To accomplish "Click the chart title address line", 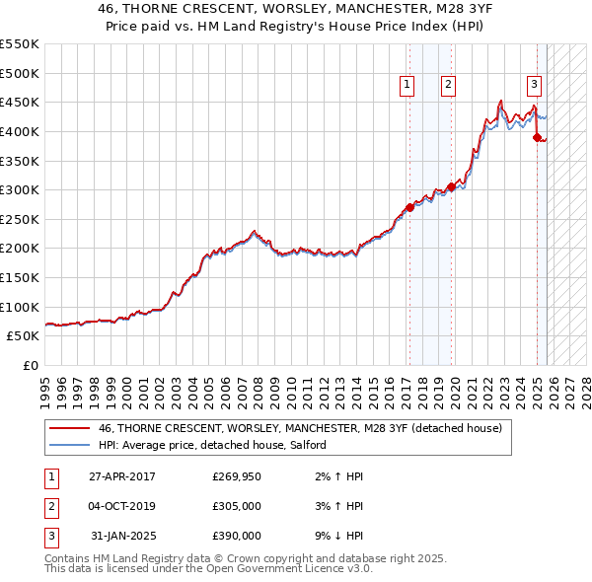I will point(295,11).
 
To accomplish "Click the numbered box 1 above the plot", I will point(407,86).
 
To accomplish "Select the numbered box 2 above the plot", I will point(448,86).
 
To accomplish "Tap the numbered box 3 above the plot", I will point(534,86).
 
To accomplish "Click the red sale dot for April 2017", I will point(409,207).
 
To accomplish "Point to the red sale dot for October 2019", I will point(451,186).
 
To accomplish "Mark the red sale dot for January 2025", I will point(538,137).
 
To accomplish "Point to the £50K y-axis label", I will point(24,335).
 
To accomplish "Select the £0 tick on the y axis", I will point(32,365).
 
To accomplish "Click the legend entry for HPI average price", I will point(218,445).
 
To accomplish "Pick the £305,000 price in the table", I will point(237,506).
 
